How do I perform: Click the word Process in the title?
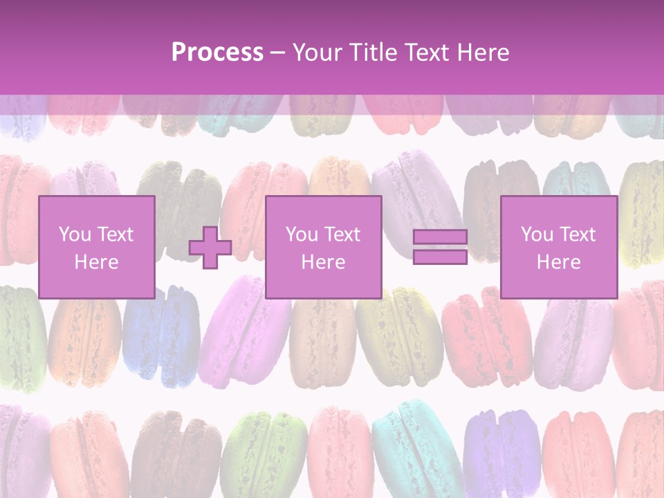tap(217, 53)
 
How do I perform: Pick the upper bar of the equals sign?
tap(440, 237)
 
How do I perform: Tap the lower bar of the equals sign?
tap(440, 257)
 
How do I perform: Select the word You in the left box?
tap(75, 234)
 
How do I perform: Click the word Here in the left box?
tap(96, 262)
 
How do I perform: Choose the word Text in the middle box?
tap(342, 234)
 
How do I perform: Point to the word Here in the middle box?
tap(323, 262)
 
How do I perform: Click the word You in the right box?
tap(537, 234)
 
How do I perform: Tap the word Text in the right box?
tap(578, 234)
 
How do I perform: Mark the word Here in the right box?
tap(558, 262)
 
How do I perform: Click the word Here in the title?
tap(483, 53)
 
